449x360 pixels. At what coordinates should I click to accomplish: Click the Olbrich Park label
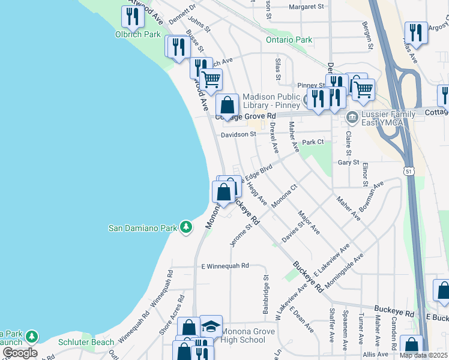137,34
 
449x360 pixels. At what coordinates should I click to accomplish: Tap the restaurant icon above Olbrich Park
133,17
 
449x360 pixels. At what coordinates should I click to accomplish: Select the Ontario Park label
289,40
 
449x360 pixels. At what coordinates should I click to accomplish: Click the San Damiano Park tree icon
187,226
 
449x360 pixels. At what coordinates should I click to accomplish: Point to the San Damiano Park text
143,228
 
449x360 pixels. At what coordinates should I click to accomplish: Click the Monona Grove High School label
243,335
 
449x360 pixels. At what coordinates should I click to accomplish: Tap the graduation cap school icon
211,326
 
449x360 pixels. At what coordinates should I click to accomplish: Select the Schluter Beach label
86,343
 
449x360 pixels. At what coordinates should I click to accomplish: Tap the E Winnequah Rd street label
225,266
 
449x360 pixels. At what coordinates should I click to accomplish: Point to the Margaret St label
306,7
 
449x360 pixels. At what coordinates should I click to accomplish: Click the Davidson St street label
238,135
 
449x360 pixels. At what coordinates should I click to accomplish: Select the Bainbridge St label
265,294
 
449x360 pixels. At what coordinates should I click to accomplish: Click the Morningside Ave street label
343,271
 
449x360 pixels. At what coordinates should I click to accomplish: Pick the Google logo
20,353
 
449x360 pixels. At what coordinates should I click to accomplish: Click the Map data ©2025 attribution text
424,355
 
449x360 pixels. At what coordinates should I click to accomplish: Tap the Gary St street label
348,163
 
